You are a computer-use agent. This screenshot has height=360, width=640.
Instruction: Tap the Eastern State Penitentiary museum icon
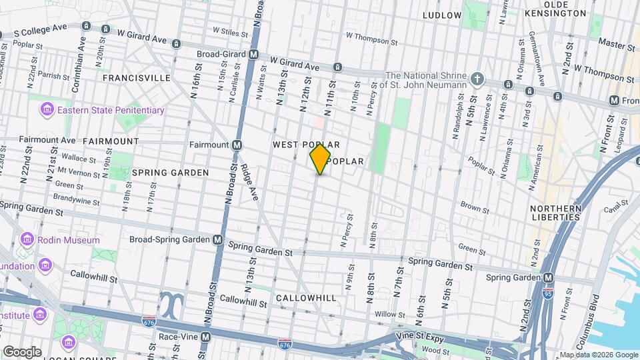pyautogui.click(x=47, y=109)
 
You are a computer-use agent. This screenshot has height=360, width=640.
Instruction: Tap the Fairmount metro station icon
pyautogui.click(x=237, y=144)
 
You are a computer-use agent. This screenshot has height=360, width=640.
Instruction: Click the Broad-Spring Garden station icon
pyautogui.click(x=218, y=239)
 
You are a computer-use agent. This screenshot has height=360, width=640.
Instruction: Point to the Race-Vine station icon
pyautogui.click(x=206, y=337)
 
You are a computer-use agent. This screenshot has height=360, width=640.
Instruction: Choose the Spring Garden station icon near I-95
pyautogui.click(x=548, y=277)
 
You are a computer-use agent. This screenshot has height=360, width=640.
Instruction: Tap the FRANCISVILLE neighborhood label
pyautogui.click(x=136, y=78)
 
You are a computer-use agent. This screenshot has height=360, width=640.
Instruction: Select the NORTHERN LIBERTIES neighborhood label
pyautogui.click(x=556, y=213)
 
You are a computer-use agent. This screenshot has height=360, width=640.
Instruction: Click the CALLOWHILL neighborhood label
pyautogui.click(x=305, y=298)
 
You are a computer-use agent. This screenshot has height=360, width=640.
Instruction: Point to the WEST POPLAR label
pyautogui.click(x=306, y=145)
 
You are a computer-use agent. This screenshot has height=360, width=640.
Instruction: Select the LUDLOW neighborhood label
pyautogui.click(x=441, y=15)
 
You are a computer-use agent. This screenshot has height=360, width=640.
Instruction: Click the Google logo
pyautogui.click(x=22, y=351)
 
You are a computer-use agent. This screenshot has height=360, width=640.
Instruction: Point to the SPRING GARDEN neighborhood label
pyautogui.click(x=170, y=172)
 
